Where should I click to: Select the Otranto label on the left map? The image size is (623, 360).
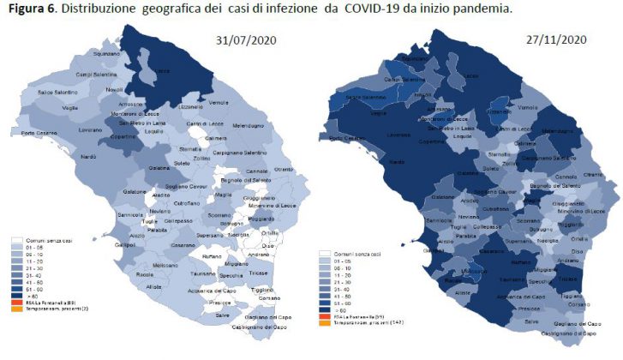[284, 169]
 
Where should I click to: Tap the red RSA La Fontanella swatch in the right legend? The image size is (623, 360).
[323, 317]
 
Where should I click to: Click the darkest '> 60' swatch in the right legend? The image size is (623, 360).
[323, 310]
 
